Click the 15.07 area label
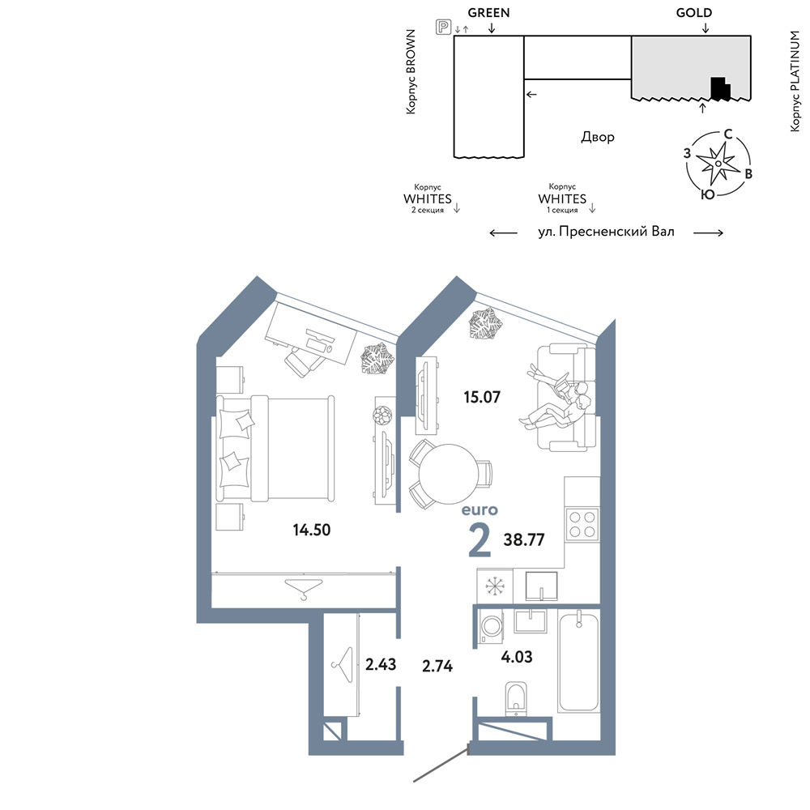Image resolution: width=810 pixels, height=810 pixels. [482, 397]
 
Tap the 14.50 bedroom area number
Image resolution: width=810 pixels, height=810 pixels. [312, 530]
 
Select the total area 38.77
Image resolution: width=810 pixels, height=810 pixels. [524, 539]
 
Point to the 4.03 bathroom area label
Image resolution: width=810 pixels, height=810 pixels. [517, 657]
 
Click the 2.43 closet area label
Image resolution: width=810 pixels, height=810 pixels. [381, 664]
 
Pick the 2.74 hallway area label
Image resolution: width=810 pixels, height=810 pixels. [437, 666]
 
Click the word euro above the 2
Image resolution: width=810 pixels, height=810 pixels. [480, 509]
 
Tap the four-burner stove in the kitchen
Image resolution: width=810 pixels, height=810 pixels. [582, 524]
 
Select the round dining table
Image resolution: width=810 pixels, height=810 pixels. [447, 474]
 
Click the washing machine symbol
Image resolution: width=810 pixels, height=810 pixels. [491, 627]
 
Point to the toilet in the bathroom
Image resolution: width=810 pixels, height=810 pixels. [516, 699]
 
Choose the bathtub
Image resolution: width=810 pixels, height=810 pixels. [578, 661]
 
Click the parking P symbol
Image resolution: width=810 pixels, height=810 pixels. [443, 27]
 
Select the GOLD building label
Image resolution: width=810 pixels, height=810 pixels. [694, 12]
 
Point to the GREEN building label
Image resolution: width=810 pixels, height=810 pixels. [488, 12]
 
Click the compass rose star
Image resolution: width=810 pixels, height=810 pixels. [718, 164]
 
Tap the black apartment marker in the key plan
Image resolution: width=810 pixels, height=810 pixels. [720, 88]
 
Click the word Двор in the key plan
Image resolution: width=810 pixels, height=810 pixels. [598, 137]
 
